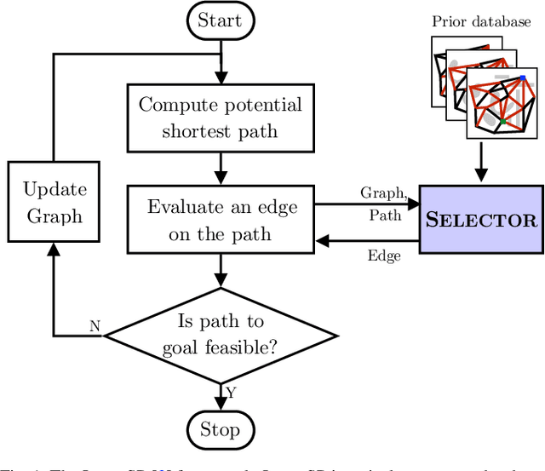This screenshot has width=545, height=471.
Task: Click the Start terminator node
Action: [221, 20]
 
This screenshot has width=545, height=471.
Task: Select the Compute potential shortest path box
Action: [221, 118]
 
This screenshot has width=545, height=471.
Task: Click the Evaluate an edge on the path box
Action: [221, 221]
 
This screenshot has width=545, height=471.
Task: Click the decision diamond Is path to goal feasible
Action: [221, 334]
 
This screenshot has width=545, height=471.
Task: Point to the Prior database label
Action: [481, 20]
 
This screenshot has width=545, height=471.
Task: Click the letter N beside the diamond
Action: [95, 325]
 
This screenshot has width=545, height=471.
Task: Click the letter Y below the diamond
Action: [230, 392]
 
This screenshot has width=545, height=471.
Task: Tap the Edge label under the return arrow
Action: [384, 256]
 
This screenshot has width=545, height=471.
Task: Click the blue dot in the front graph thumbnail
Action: [524, 78]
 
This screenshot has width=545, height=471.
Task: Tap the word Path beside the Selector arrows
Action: [384, 215]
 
